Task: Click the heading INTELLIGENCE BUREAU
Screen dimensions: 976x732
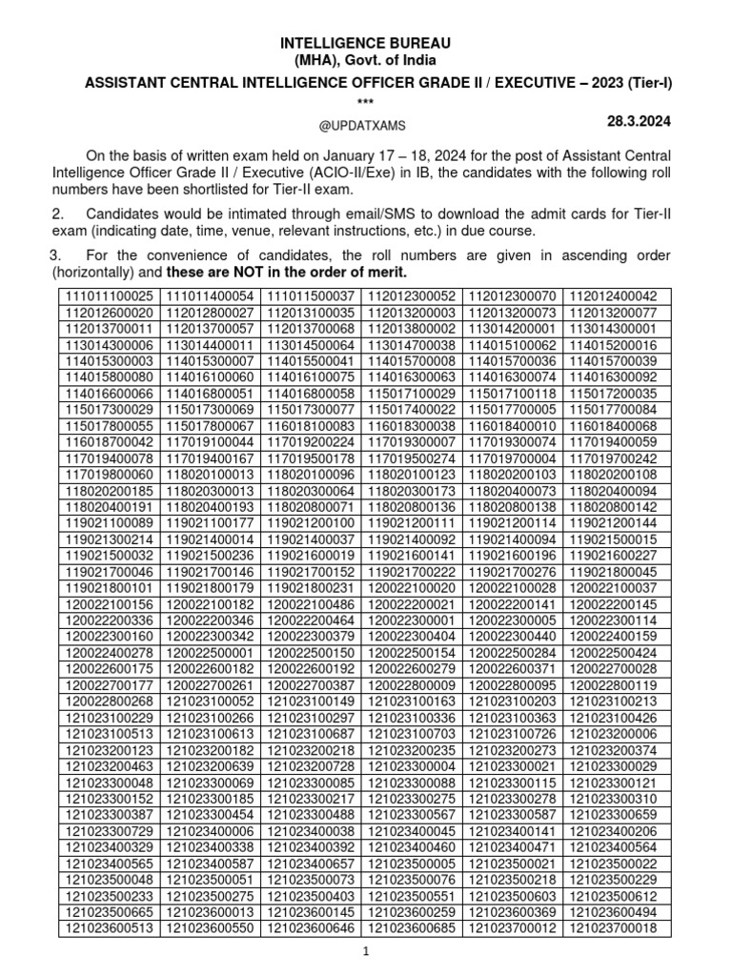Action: tap(366, 44)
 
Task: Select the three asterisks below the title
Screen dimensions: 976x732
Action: tap(366, 102)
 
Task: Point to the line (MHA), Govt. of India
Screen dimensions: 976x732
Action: tap(366, 62)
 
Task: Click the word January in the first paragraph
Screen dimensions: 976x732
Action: tap(345, 156)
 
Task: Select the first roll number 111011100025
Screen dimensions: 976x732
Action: tap(110, 296)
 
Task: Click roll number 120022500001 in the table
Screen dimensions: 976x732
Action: tap(211, 652)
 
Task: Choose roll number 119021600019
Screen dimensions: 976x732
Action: tap(311, 555)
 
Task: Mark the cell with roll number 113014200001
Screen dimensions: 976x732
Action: tap(516, 328)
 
